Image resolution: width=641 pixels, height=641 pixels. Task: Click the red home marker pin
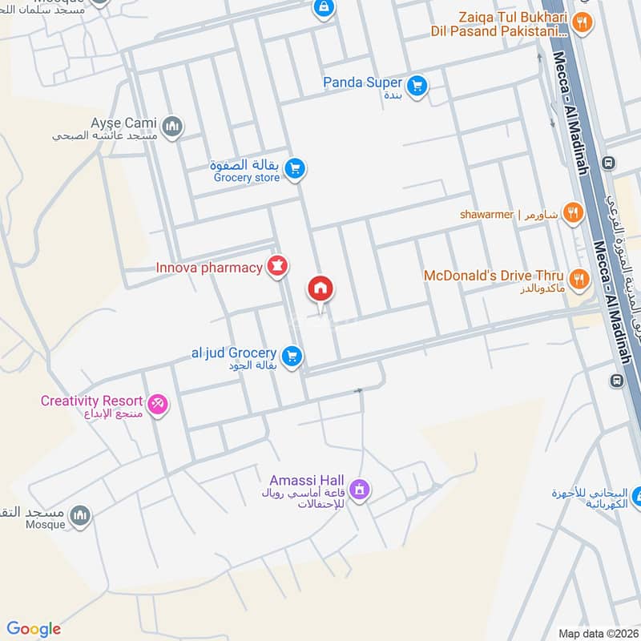pyautogui.click(x=320, y=289)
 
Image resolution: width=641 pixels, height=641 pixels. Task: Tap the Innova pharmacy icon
pyautogui.click(x=277, y=267)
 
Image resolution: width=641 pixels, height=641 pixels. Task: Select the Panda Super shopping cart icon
pyautogui.click(x=416, y=86)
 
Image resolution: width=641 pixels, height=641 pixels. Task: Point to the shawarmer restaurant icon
pyautogui.click(x=572, y=212)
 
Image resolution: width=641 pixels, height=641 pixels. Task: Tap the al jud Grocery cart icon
pyautogui.click(x=292, y=355)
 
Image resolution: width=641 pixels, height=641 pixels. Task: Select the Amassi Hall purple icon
pyautogui.click(x=361, y=488)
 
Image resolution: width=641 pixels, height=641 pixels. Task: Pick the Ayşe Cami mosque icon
pyautogui.click(x=172, y=126)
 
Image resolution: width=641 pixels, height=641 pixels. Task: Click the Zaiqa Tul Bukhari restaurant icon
pyautogui.click(x=583, y=23)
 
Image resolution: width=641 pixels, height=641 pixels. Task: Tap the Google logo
pyautogui.click(x=34, y=629)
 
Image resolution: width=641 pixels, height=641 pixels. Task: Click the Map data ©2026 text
pyautogui.click(x=597, y=634)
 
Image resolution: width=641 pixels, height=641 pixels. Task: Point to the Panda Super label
pyautogui.click(x=362, y=83)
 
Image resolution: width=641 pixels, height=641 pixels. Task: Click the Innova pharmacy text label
pyautogui.click(x=209, y=268)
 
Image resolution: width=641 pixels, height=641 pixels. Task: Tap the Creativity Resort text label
pyautogui.click(x=91, y=401)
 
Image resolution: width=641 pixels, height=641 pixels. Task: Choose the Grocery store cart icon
pyautogui.click(x=295, y=168)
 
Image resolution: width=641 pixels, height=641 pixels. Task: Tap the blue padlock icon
pyautogui.click(x=323, y=8)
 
